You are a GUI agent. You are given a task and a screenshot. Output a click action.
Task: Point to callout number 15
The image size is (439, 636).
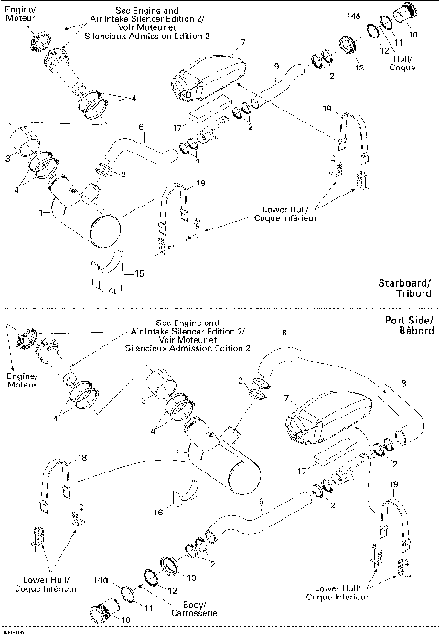coord(140,273)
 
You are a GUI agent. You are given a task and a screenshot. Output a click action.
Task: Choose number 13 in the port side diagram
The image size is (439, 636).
coord(191,578)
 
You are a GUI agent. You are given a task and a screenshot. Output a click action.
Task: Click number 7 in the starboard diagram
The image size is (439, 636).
coord(244,44)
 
